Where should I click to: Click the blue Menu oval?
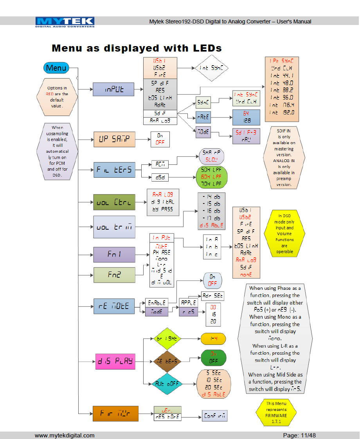click(x=56, y=68)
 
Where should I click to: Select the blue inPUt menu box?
click(x=113, y=89)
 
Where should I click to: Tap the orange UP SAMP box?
click(x=114, y=139)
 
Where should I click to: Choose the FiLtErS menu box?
click(x=114, y=170)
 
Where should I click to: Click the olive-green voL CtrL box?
click(x=114, y=202)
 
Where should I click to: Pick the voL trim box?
click(x=114, y=227)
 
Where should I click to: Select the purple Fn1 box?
click(x=114, y=254)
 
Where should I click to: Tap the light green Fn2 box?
click(x=114, y=275)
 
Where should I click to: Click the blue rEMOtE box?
click(x=114, y=306)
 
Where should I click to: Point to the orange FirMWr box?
click(x=115, y=414)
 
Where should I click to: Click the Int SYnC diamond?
click(x=212, y=68)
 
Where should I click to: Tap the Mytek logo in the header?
click(x=65, y=22)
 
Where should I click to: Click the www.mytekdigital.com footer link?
click(x=65, y=435)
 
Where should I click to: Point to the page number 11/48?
click(x=299, y=435)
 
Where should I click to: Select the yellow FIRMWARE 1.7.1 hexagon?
click(x=276, y=412)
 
